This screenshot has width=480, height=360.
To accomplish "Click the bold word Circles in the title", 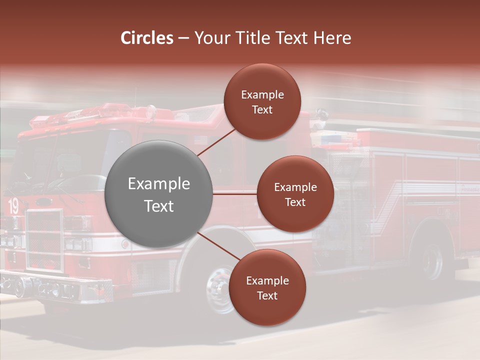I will coord(147,38).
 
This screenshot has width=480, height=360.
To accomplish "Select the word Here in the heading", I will coord(332,38).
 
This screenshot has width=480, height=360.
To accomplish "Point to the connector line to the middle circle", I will coord(234,194).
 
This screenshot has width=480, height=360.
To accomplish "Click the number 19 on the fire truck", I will coord(13,206).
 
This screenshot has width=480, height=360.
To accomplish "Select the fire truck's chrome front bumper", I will coord(55,289).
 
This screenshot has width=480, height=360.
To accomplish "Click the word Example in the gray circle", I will coord(158,184).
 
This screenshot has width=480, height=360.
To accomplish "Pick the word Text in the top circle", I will coord(262,109).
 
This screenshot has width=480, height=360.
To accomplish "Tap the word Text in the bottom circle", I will coord(267,295).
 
